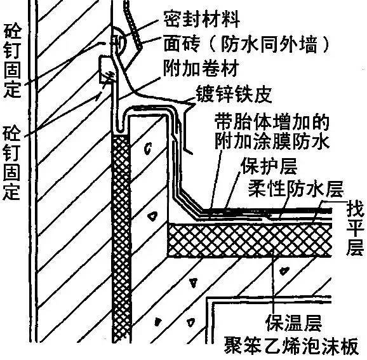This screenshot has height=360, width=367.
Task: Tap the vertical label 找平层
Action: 354,227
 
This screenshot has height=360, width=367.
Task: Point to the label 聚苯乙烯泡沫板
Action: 291,347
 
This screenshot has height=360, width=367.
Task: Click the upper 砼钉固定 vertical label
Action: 12,60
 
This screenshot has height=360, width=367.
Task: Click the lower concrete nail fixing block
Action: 109,78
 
